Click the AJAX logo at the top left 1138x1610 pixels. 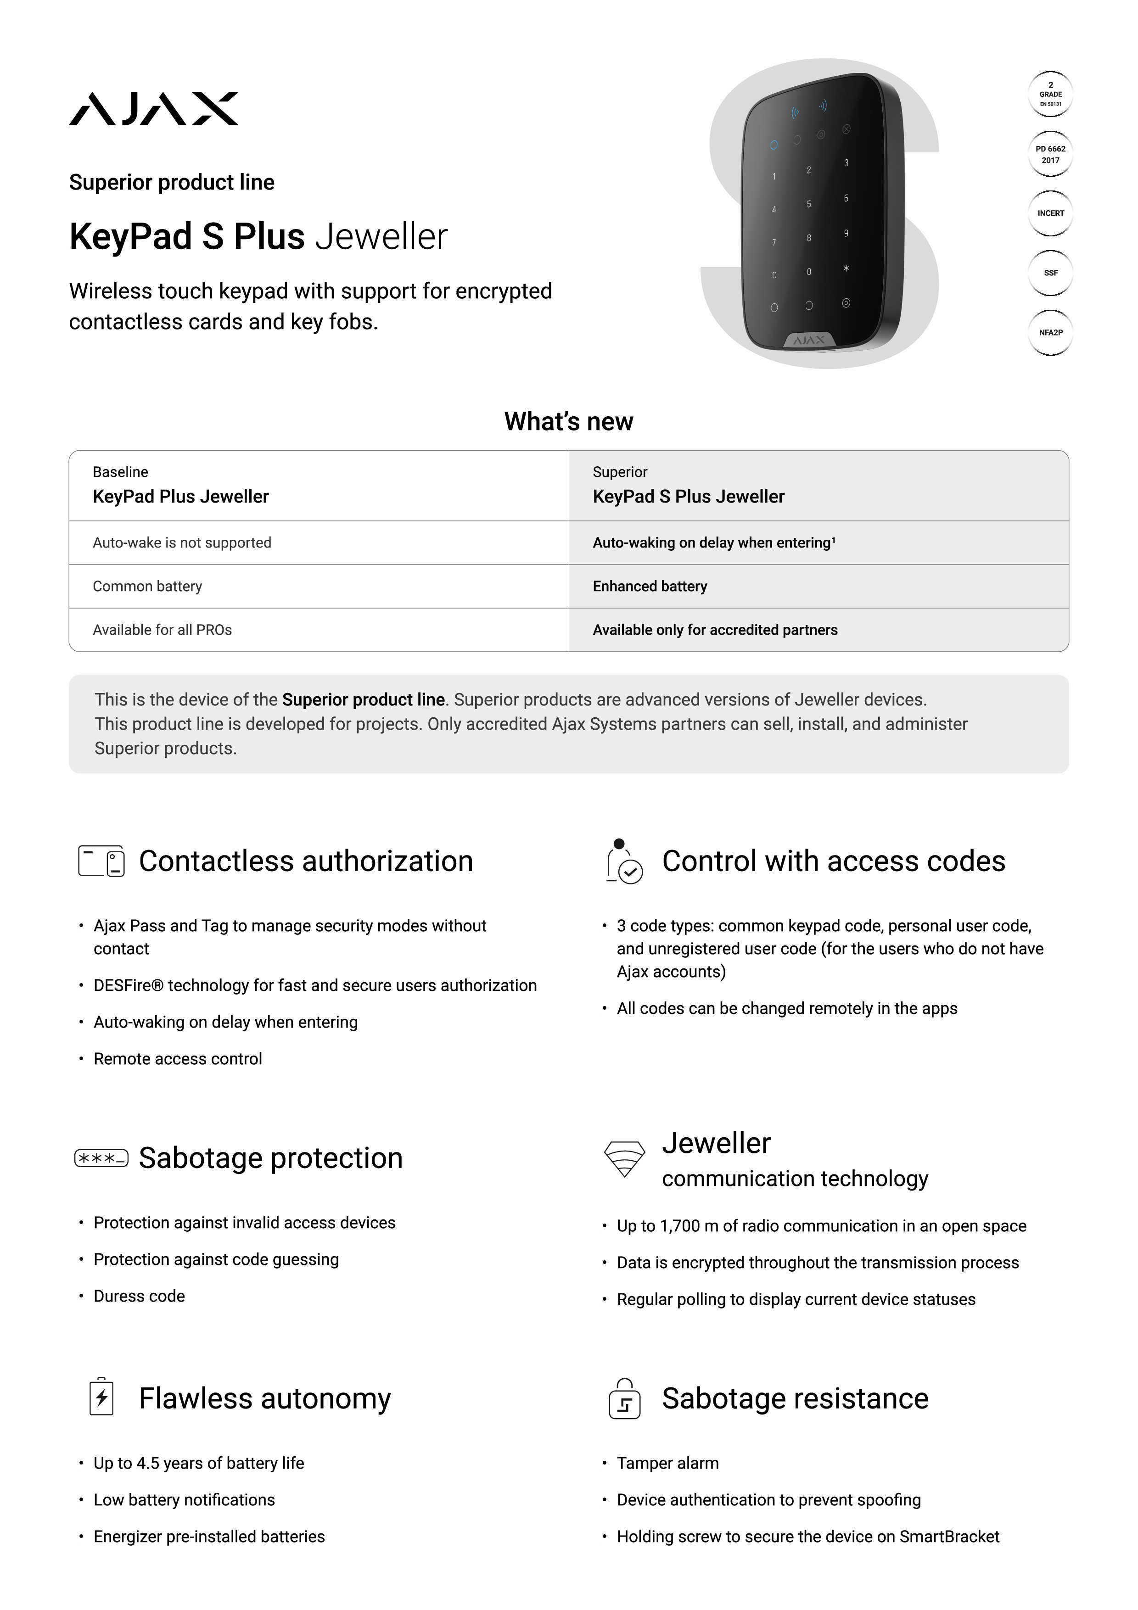(154, 109)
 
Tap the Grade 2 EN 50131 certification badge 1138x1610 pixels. (1050, 94)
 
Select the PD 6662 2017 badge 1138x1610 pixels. (1050, 154)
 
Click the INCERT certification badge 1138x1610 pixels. (1050, 213)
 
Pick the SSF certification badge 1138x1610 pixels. (1050, 273)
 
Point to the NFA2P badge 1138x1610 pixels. (1050, 332)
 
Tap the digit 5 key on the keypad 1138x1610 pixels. (808, 204)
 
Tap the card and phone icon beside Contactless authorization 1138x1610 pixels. (101, 861)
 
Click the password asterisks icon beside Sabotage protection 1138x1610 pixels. (101, 1158)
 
